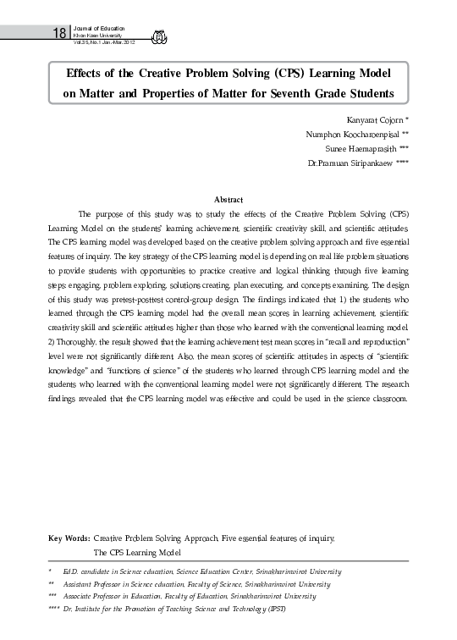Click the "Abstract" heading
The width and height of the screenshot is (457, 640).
tap(228, 199)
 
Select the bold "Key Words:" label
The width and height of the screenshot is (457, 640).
tap(69, 538)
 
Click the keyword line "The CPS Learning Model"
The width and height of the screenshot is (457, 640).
tap(137, 552)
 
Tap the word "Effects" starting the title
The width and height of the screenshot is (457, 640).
tap(79, 73)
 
